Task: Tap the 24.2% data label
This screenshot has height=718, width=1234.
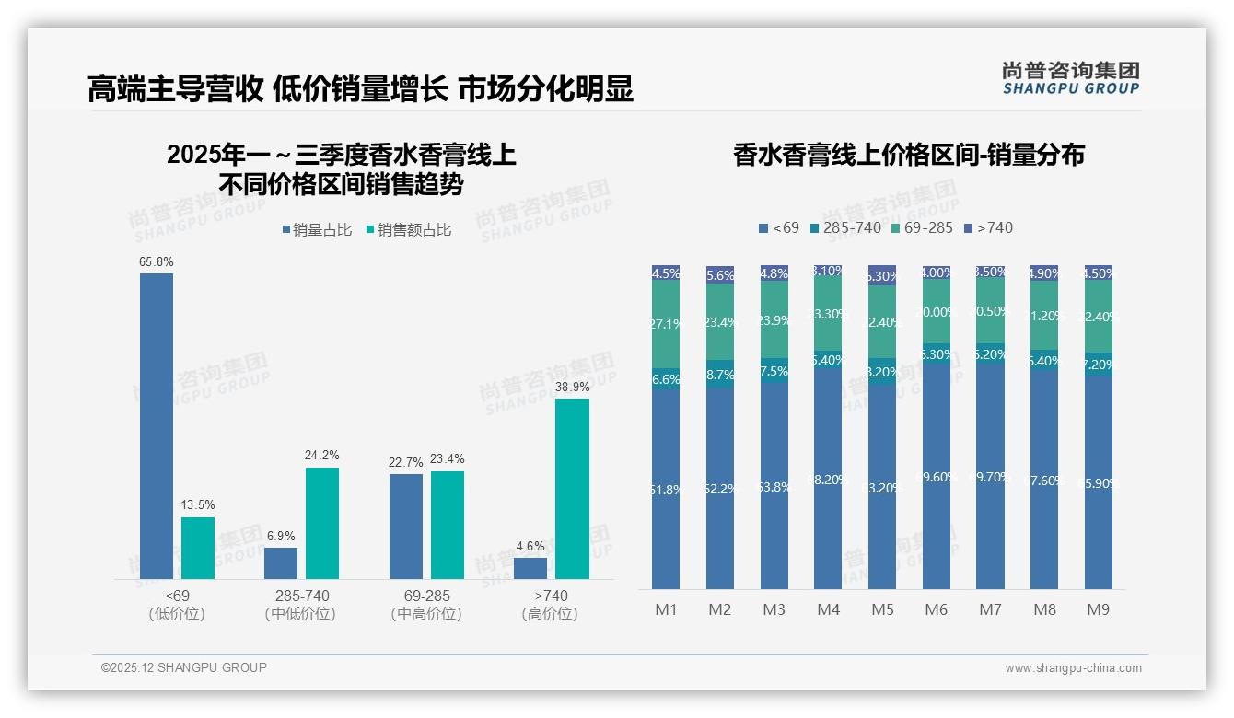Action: click(x=322, y=455)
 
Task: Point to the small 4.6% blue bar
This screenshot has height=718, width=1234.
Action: click(x=530, y=568)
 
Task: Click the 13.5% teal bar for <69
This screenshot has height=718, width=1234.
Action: click(x=198, y=548)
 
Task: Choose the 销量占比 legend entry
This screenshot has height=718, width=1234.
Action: click(x=317, y=230)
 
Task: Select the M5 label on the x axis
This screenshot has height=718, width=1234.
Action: click(x=882, y=609)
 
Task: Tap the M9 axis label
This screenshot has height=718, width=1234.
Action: click(x=1098, y=609)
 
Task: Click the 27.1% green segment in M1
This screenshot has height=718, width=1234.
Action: click(x=666, y=324)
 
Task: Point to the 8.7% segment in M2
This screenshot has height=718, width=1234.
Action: click(x=720, y=375)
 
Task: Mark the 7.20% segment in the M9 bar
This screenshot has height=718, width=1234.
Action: click(x=1098, y=364)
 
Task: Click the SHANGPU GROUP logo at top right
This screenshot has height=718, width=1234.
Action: click(x=1070, y=78)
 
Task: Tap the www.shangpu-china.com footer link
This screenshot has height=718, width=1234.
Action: click(x=1073, y=668)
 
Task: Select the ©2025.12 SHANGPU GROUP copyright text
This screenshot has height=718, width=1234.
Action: click(x=184, y=667)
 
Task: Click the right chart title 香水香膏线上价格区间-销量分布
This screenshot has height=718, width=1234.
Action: click(x=908, y=155)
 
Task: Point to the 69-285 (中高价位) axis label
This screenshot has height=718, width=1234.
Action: click(x=426, y=605)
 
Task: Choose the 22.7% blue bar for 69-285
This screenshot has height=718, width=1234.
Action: click(x=406, y=526)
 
